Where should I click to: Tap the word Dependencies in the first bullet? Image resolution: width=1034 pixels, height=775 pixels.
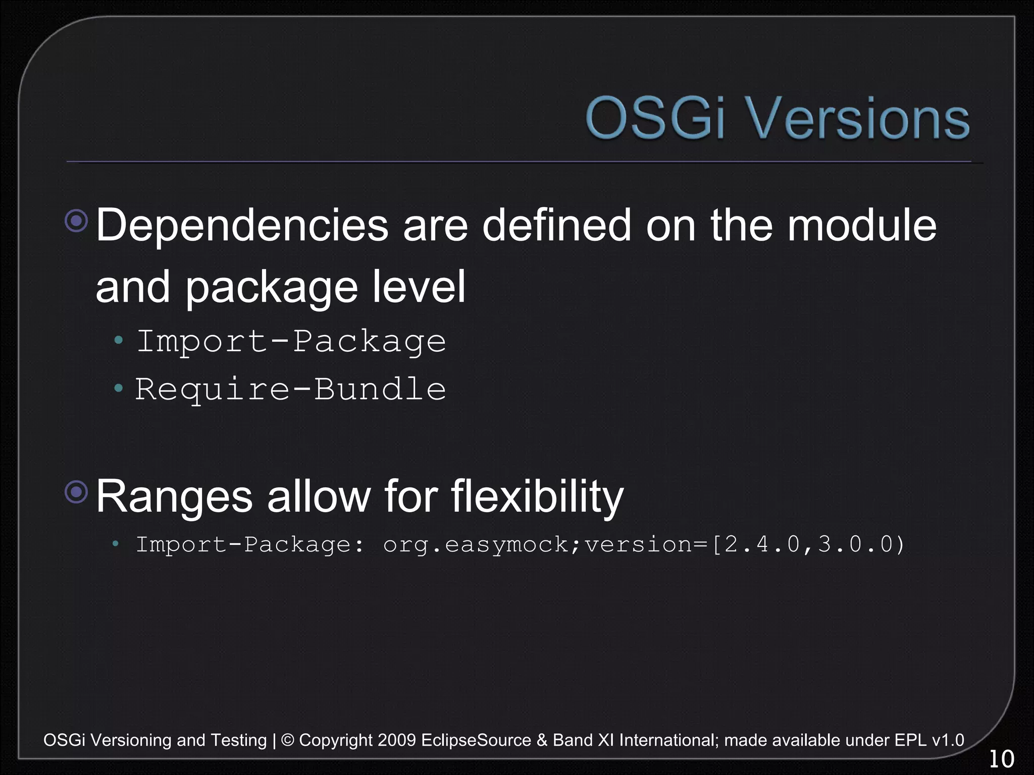pyautogui.click(x=242, y=226)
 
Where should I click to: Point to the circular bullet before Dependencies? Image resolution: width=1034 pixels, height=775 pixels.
pyautogui.click(x=77, y=220)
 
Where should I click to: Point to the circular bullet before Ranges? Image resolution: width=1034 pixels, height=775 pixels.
pyautogui.click(x=77, y=492)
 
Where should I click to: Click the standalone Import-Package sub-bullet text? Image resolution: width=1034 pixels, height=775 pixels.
pyautogui.click(x=291, y=342)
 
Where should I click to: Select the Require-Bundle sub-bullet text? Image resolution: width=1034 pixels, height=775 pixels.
pyautogui.click(x=290, y=389)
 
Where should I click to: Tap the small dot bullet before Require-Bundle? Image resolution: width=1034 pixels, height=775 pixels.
pyautogui.click(x=119, y=388)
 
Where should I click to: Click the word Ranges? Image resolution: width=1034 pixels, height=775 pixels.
pyautogui.click(x=174, y=496)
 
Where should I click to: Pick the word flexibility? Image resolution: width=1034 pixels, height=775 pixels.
pyautogui.click(x=537, y=496)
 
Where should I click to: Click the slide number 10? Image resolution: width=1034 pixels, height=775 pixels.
pyautogui.click(x=1001, y=759)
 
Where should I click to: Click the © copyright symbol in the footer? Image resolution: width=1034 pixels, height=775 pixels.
pyautogui.click(x=287, y=740)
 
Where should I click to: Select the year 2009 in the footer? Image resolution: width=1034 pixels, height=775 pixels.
pyautogui.click(x=396, y=740)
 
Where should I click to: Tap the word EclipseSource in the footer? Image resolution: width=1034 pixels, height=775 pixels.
pyautogui.click(x=476, y=740)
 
